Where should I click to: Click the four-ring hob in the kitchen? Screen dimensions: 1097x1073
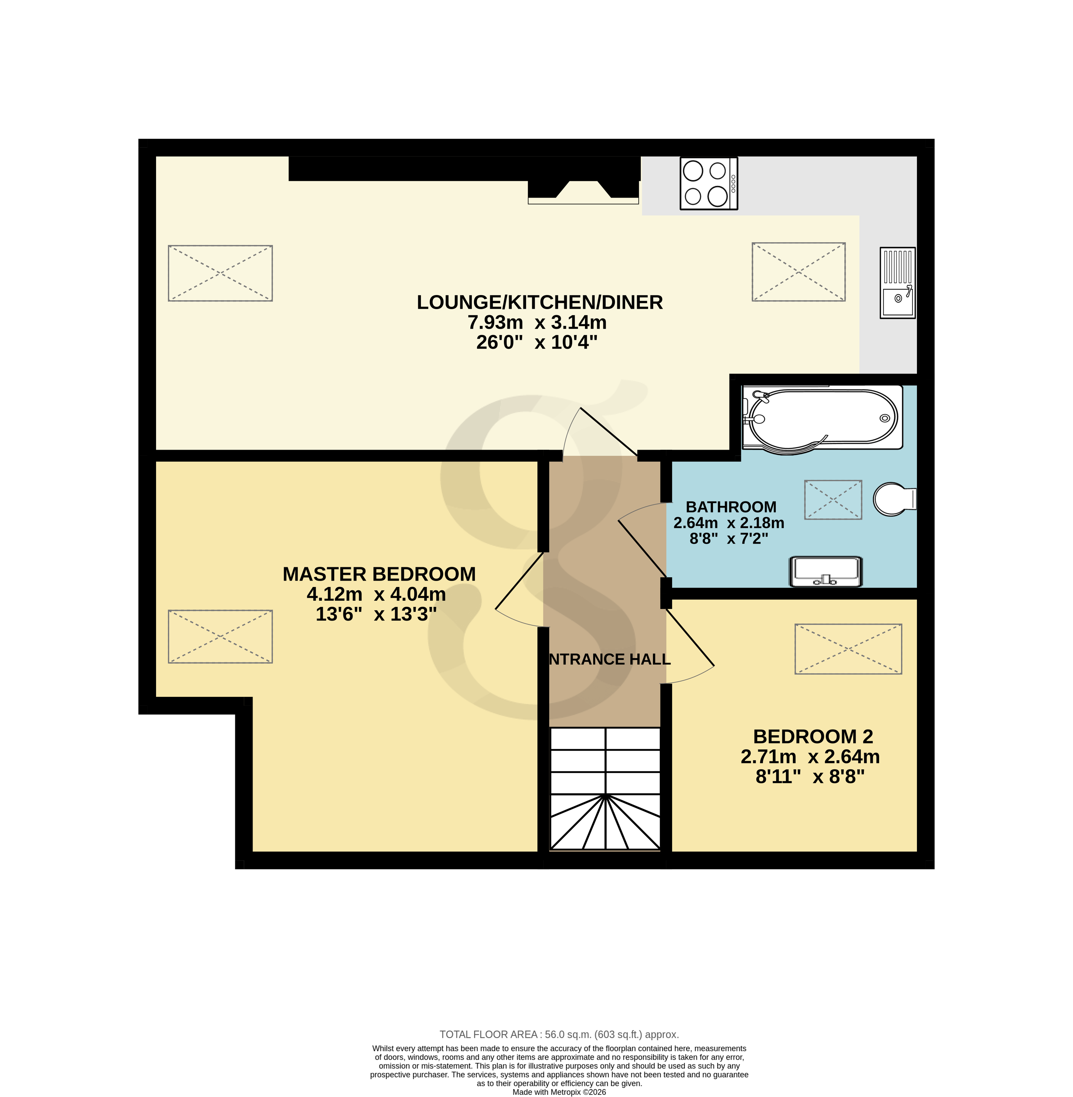[x=708, y=183]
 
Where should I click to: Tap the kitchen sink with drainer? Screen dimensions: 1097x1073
[x=897, y=282]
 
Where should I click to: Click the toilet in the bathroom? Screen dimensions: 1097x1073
[x=894, y=498]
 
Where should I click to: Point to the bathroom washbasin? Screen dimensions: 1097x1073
[x=826, y=571]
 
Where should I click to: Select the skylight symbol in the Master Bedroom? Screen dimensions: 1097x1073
[x=220, y=636]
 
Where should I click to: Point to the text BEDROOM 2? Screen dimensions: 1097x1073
[x=813, y=736]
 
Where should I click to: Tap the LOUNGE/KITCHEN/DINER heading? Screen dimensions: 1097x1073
[x=539, y=302]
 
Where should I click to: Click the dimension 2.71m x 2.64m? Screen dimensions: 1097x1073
[x=810, y=757]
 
